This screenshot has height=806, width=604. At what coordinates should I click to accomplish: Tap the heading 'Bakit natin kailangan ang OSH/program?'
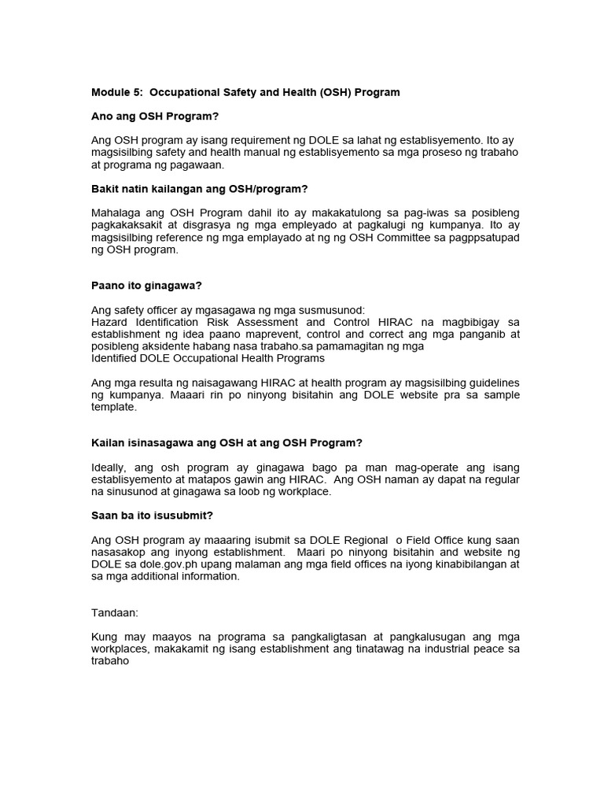click(199, 189)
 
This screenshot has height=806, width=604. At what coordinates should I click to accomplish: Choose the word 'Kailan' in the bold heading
click(109, 443)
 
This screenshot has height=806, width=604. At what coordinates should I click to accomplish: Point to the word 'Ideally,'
click(112, 468)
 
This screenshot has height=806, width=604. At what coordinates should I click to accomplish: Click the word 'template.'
click(114, 408)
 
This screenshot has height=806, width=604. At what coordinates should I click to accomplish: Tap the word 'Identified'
click(116, 358)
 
